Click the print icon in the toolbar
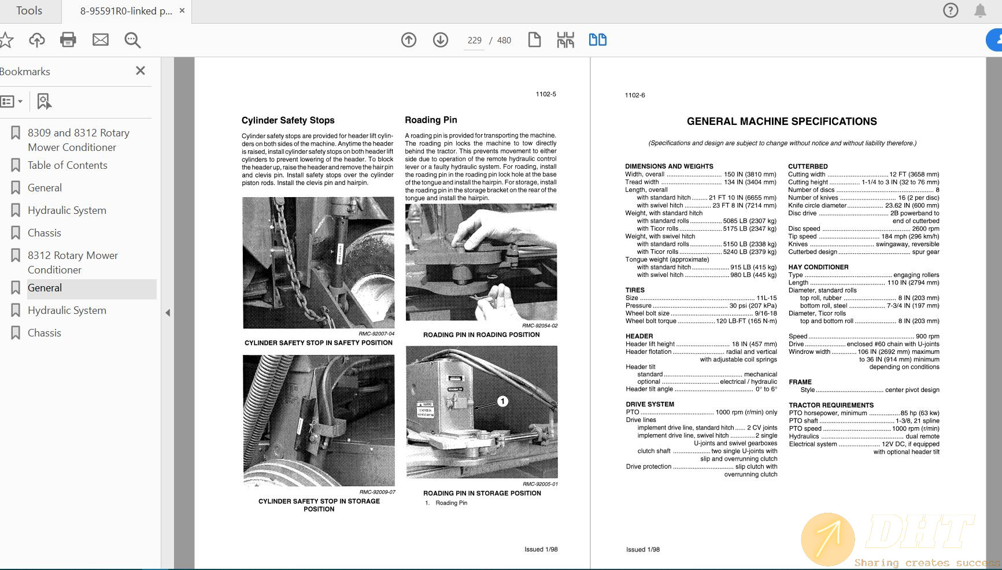coord(68,39)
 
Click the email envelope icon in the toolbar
coord(101,39)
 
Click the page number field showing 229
coord(474,40)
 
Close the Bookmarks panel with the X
coord(140,71)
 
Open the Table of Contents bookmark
coord(68,165)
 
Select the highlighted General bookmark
coord(45,288)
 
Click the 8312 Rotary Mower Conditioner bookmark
coord(72,262)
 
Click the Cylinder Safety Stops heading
coord(288,120)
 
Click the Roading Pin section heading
coord(431,120)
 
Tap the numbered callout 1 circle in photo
coord(502,401)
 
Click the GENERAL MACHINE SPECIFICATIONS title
coord(782,121)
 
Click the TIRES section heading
coord(635,290)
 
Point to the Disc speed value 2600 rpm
coord(925,228)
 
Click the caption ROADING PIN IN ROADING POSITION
coord(481,335)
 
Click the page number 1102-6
coord(635,95)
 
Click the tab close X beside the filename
coord(182,10)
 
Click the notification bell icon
coord(980,10)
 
